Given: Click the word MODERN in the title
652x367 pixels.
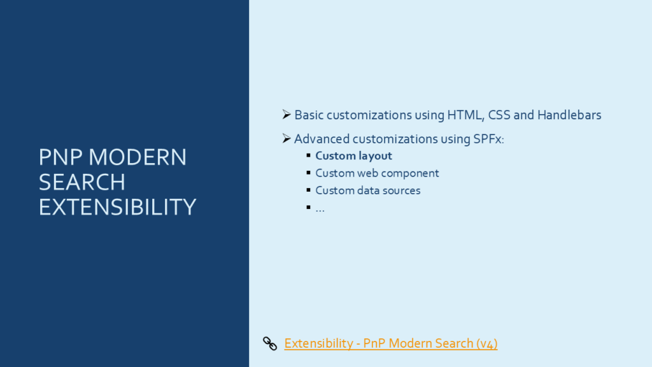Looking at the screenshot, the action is pos(138,157).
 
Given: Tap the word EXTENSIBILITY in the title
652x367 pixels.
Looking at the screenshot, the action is pos(117,207).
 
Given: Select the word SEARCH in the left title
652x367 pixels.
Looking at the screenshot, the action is pos(82,182).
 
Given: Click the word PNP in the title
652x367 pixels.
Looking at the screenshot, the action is pos(62,157).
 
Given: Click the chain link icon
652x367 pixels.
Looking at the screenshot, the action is pos(270,343).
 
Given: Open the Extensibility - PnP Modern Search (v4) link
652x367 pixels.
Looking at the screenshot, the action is pos(391,343).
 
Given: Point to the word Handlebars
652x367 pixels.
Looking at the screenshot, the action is pos(569,115).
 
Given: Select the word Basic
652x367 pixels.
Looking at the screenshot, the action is pos(309,115).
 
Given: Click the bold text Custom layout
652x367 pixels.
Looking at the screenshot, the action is pos(354,156).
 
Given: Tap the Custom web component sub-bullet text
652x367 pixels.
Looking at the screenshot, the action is pos(377,173).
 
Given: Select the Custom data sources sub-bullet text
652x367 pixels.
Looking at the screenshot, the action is pos(368,191).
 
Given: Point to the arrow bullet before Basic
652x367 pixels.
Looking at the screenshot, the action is pos(287,115).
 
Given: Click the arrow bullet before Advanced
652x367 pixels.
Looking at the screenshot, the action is pos(287,138).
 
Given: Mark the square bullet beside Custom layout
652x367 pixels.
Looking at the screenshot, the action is pos(309,155).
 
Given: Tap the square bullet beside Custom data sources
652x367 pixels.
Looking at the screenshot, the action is pos(309,190).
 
